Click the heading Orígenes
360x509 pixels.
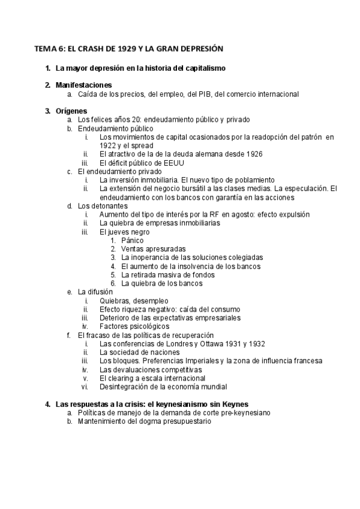coord(71,110)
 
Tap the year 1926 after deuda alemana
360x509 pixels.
coord(252,154)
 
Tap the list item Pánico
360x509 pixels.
coord(132,240)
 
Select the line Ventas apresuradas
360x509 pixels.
coord(153,248)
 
